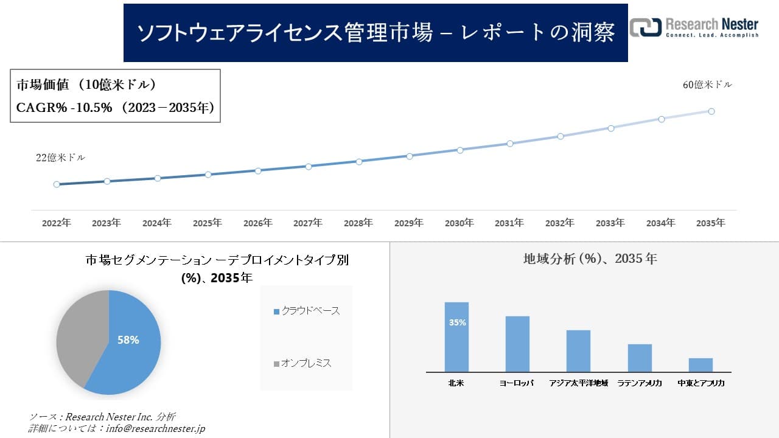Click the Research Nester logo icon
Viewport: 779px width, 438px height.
pos(645,27)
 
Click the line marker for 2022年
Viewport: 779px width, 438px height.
pos(57,184)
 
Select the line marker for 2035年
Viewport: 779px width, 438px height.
pos(711,111)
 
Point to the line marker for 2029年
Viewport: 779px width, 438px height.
pos(410,156)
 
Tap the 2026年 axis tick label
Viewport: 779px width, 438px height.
pos(258,223)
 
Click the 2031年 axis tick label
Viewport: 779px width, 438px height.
pos(509,223)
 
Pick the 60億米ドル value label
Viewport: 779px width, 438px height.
pos(707,85)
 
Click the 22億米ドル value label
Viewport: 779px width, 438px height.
pos(61,158)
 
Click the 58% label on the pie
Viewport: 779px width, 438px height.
pos(128,340)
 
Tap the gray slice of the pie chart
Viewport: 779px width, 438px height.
pos(79,338)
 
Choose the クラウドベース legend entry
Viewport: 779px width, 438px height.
pos(307,311)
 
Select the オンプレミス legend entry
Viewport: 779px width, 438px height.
pos(302,363)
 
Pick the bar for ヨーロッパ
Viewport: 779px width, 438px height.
pos(517,344)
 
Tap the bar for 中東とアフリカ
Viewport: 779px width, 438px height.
pos(700,365)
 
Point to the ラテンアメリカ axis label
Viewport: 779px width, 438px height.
pos(640,383)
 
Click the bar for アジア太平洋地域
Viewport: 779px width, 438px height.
pos(578,351)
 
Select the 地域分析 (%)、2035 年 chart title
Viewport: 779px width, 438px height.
pos(590,259)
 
